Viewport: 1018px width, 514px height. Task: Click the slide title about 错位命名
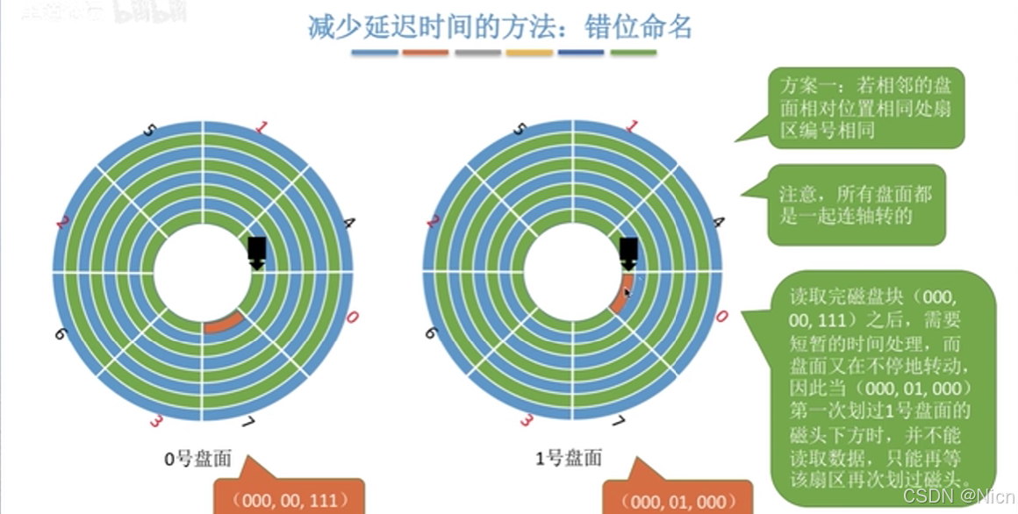(499, 26)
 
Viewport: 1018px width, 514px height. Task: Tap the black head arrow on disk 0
(256, 251)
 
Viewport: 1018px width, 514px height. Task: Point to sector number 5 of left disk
(148, 130)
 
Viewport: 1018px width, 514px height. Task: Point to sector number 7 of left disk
(247, 425)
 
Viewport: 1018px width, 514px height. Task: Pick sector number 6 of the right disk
(431, 332)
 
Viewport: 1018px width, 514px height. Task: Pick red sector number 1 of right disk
(631, 126)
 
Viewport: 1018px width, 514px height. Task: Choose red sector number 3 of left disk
(156, 422)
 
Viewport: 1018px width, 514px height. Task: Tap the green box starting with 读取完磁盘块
(880, 387)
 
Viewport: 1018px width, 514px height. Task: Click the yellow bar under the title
(528, 53)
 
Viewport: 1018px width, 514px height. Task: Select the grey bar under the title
(477, 53)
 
